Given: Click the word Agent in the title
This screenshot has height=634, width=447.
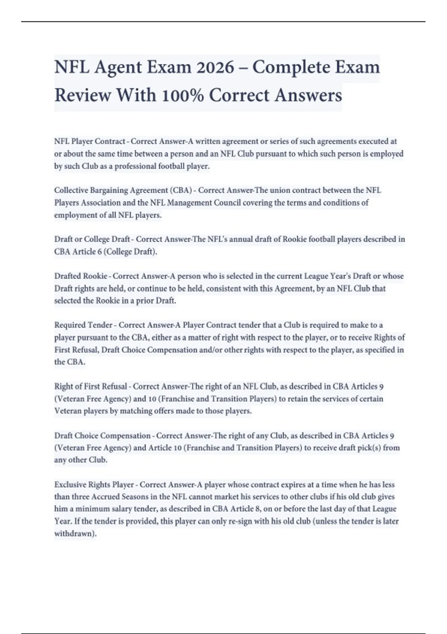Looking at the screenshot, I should tap(118, 68).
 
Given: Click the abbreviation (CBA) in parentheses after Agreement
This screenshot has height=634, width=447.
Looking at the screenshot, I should tap(181, 190).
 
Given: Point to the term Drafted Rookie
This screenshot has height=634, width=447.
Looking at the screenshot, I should tap(80, 276).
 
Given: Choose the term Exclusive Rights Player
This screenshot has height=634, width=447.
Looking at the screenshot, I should tap(94, 485).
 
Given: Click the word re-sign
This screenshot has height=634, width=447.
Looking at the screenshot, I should tap(239, 521).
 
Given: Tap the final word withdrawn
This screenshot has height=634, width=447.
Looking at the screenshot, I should tap(75, 534).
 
